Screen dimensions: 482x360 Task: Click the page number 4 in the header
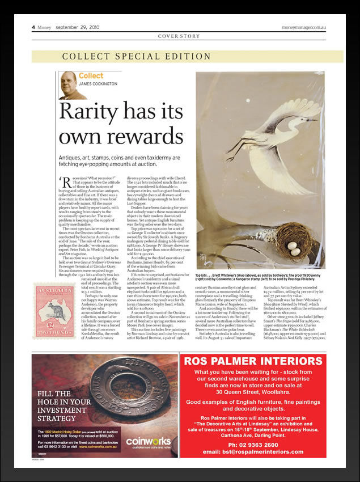(x=33, y=27)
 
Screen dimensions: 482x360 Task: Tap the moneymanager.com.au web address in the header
(x=306, y=27)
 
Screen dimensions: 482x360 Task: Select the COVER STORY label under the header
(x=179, y=36)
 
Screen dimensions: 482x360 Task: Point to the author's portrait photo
(x=68, y=85)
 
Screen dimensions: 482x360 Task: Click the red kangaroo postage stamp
(x=54, y=311)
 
